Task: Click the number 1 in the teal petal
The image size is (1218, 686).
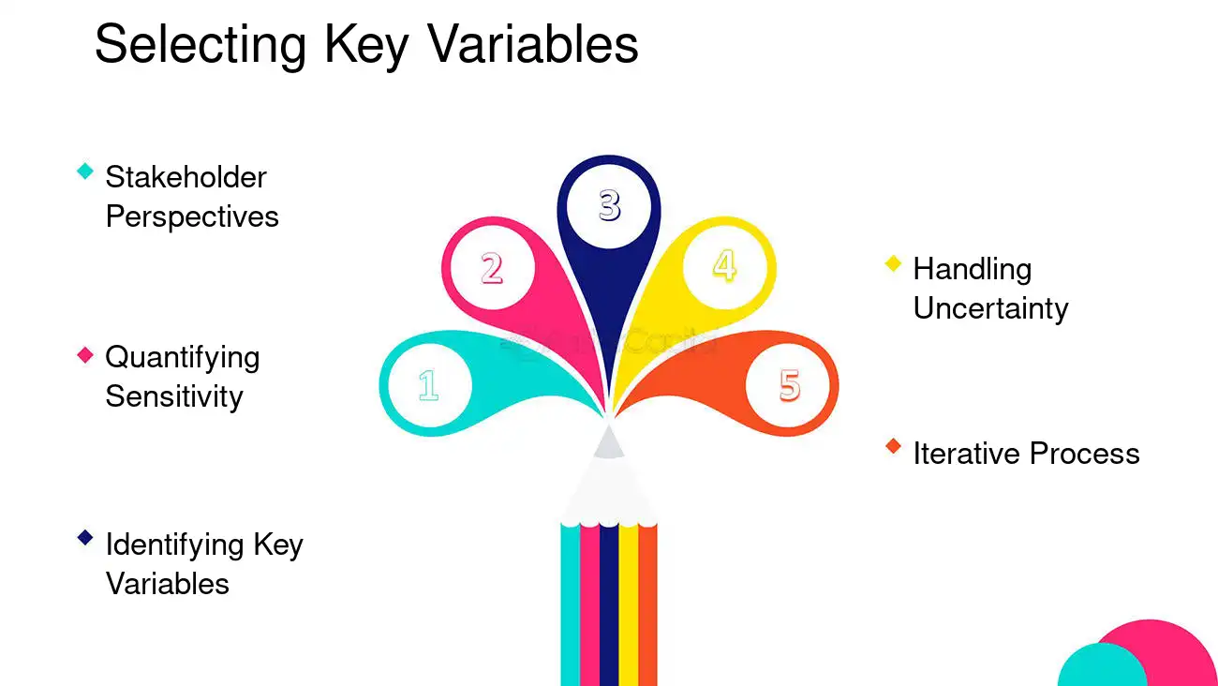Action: tap(429, 385)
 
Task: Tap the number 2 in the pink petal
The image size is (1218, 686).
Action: tap(492, 268)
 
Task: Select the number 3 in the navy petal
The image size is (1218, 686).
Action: tap(610, 205)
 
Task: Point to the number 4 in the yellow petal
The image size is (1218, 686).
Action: tap(725, 265)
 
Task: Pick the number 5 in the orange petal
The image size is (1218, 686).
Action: tap(790, 385)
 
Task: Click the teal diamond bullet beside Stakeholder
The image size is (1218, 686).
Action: tap(85, 171)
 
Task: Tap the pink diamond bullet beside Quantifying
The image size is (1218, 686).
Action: tap(85, 354)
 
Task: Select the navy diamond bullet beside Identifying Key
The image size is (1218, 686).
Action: tap(85, 538)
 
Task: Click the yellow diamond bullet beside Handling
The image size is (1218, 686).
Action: tap(894, 264)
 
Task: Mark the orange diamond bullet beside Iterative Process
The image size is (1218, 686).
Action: tap(894, 447)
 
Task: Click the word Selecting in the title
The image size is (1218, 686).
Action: tap(201, 46)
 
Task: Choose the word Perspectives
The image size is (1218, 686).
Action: tap(192, 217)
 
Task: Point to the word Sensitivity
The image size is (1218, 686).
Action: tap(174, 397)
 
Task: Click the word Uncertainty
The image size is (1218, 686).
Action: tap(990, 309)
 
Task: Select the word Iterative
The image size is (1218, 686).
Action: tap(967, 454)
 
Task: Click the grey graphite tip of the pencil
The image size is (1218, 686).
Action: tap(609, 441)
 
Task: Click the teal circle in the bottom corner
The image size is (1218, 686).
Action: tap(1101, 666)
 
